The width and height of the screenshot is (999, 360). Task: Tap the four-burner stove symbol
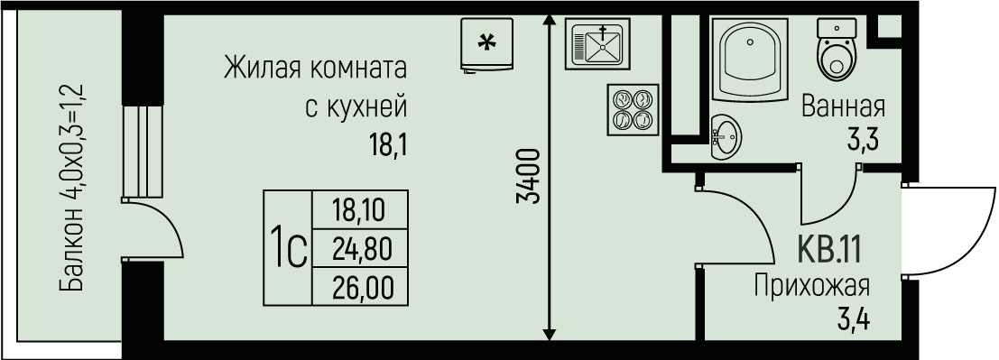pos(631,109)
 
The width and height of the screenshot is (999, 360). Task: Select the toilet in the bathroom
pos(836,50)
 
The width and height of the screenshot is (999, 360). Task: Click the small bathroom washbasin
pos(726,137)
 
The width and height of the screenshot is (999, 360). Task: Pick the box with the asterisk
pos(486,43)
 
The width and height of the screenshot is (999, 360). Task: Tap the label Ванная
pos(843,108)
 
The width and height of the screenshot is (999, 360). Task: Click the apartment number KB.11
pos(829,247)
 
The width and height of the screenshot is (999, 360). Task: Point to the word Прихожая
pos(811,287)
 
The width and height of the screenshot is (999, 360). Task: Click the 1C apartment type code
pos(287,245)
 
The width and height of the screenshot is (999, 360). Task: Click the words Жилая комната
pos(315,69)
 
